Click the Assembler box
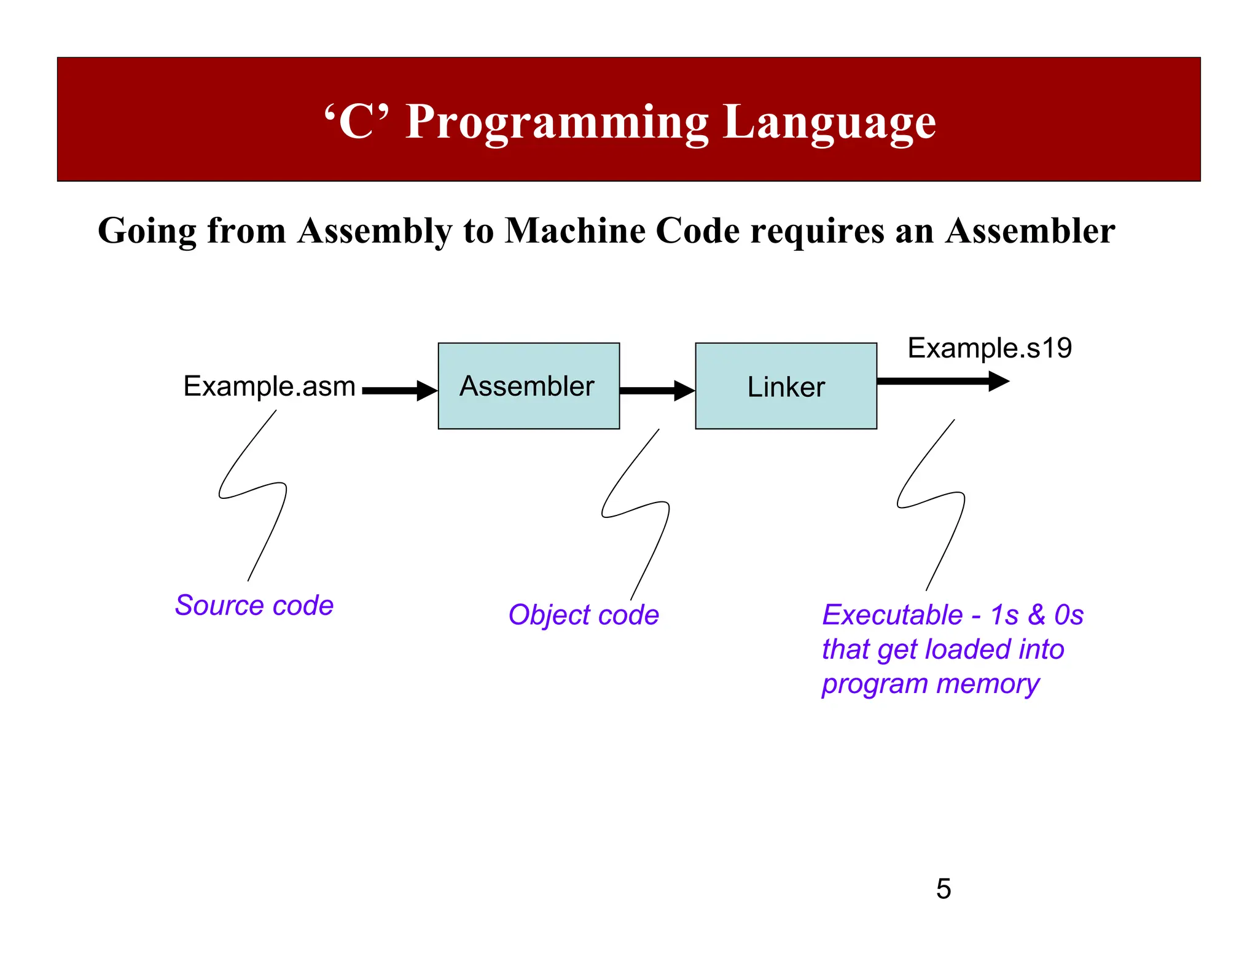[528, 386]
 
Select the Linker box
[786, 386]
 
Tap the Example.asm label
[269, 386]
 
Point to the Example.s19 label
[990, 348]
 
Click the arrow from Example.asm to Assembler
[399, 390]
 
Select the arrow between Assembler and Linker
[656, 390]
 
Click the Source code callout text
[254, 605]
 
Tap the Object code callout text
[583, 615]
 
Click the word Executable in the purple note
[892, 615]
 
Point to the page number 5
[943, 889]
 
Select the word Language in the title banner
[829, 122]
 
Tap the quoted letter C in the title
[356, 121]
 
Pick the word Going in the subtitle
[147, 232]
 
